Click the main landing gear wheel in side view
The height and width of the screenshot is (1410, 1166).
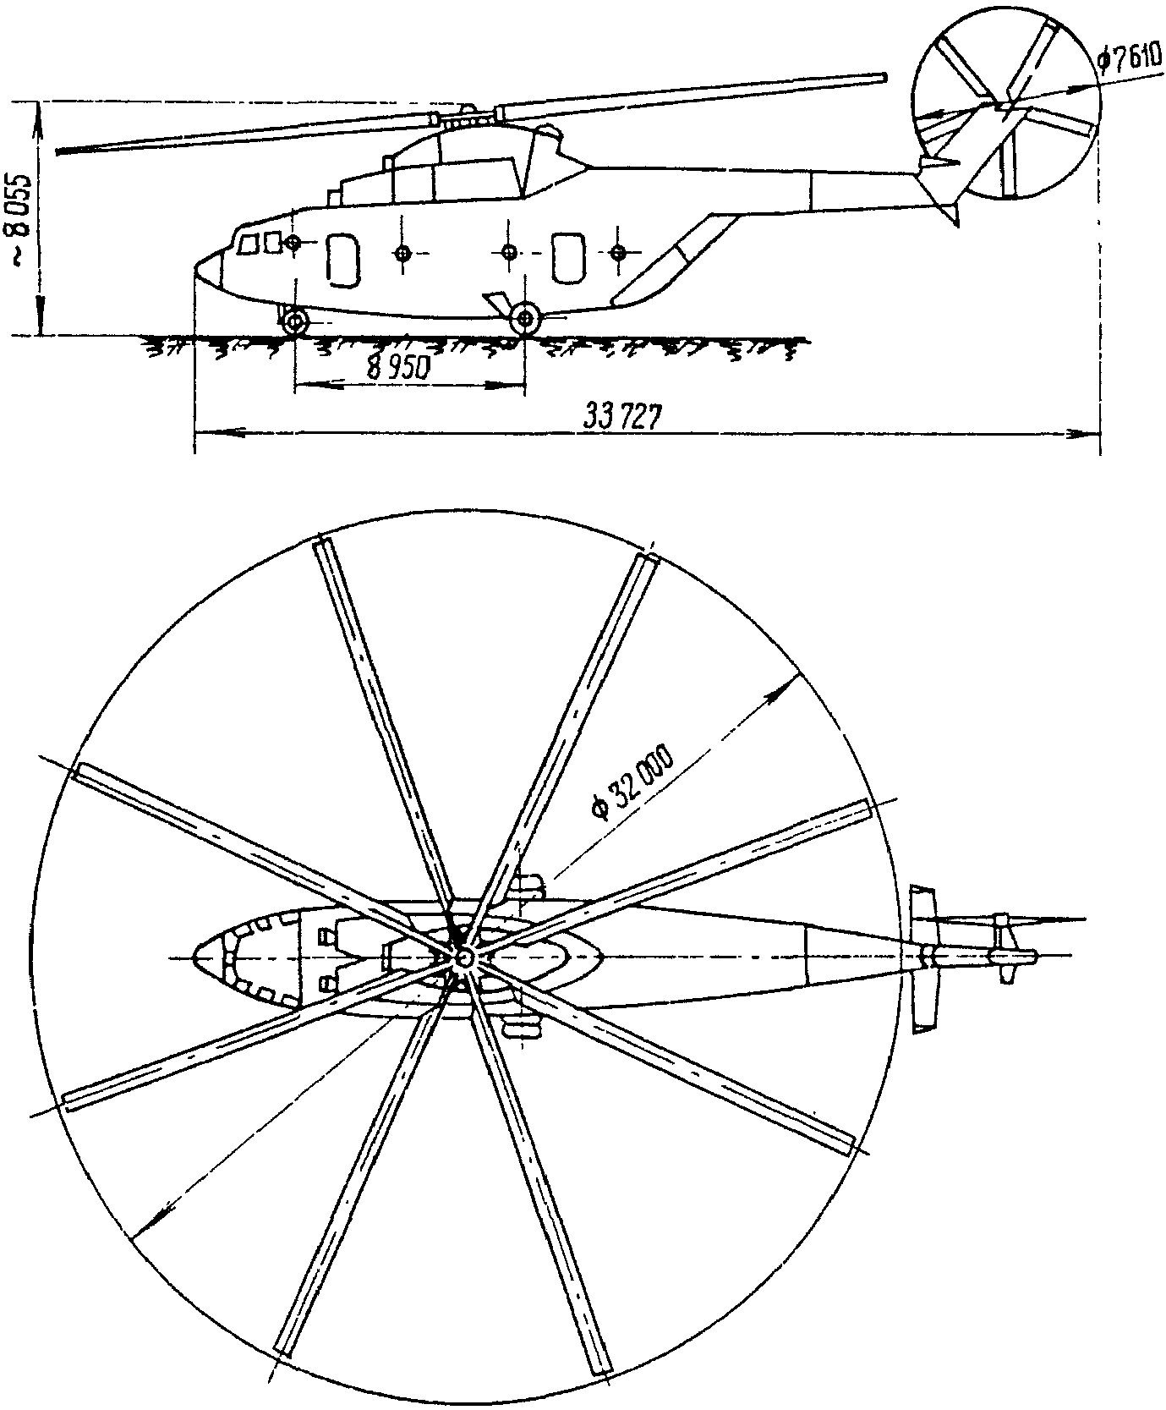526,318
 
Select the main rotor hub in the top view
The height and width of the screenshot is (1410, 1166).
463,957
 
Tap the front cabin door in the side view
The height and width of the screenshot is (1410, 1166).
342,259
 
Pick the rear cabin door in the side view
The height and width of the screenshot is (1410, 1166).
567,257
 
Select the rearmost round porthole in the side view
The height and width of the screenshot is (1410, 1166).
619,252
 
